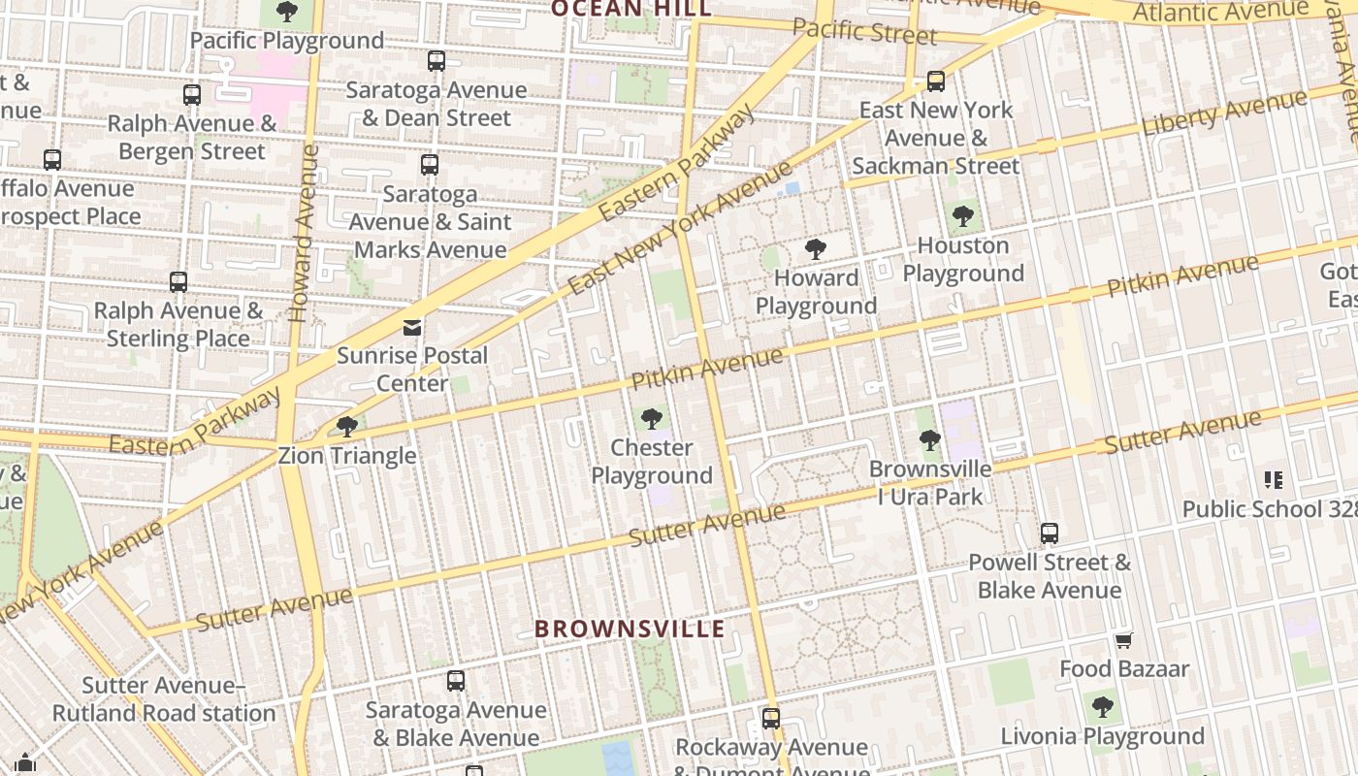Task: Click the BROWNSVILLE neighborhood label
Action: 630,629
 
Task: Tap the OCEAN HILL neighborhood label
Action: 630,9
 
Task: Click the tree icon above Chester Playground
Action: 652,419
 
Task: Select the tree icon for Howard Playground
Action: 816,249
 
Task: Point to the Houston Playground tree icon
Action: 963,216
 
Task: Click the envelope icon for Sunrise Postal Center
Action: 412,327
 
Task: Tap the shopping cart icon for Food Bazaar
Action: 1123,640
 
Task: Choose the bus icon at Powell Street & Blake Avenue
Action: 1049,533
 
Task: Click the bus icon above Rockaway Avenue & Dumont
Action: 770,719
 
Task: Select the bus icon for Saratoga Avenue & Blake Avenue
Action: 455,681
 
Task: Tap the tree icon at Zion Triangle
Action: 346,426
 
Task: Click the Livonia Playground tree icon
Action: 1102,707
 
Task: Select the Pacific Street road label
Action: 864,32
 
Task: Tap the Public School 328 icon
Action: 1274,479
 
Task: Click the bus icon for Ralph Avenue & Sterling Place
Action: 178,282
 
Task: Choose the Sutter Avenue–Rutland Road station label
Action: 164,699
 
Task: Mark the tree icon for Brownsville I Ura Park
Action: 929,440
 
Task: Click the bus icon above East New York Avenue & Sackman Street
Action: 935,81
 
